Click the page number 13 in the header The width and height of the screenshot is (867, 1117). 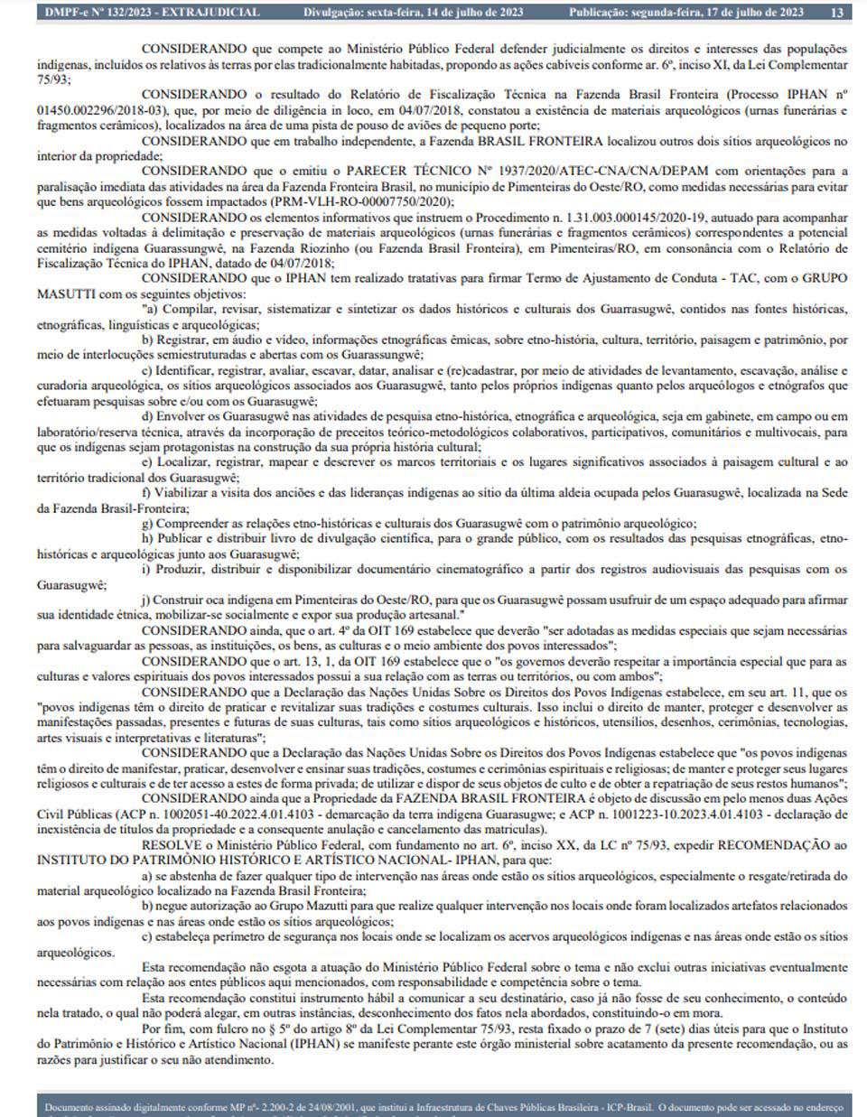838,13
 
